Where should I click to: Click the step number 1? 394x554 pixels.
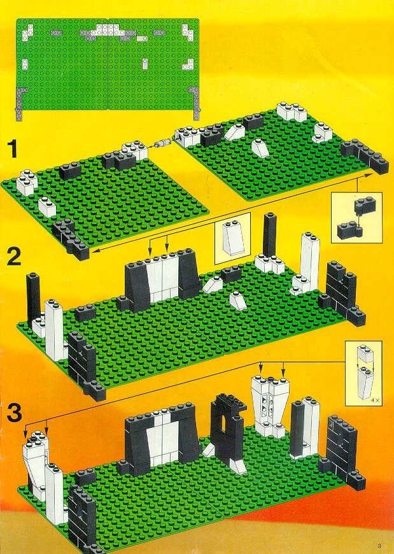pyautogui.click(x=13, y=149)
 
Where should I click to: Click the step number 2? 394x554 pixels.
pyautogui.click(x=14, y=257)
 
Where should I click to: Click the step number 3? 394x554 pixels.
pyautogui.click(x=14, y=413)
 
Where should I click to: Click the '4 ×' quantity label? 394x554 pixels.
pyautogui.click(x=375, y=401)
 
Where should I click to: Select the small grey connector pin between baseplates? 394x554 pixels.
pyautogui.click(x=162, y=143)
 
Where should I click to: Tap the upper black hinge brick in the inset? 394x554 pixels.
pyautogui.click(x=365, y=206)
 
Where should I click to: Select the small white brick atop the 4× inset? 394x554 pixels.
pyautogui.click(x=365, y=355)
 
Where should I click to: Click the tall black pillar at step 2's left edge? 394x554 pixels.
pyautogui.click(x=33, y=298)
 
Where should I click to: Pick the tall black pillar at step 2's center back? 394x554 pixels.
pyautogui.click(x=269, y=236)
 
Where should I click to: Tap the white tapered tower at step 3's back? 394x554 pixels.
pyautogui.click(x=269, y=406)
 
